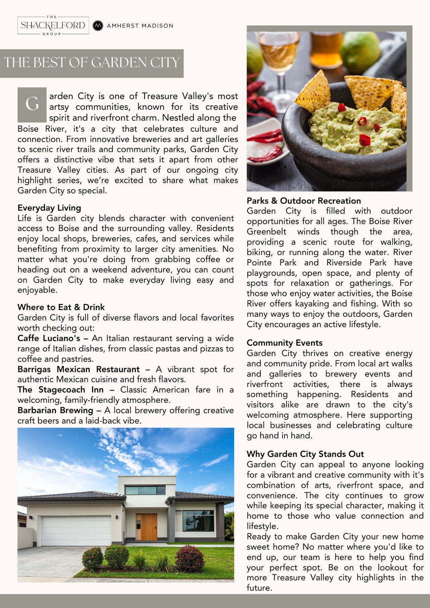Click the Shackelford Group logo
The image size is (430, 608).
[53, 26]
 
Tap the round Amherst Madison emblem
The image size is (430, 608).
[98, 26]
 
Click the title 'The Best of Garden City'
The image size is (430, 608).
[92, 63]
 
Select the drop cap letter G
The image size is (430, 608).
[32, 104]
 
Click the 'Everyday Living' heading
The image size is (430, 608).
[49, 208]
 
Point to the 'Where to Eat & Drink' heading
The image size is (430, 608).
[61, 307]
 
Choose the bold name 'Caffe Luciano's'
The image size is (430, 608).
[49, 338]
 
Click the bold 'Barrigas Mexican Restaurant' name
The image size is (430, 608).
[78, 369]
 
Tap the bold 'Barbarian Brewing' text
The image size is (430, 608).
[55, 410]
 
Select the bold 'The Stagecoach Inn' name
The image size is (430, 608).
[60, 390]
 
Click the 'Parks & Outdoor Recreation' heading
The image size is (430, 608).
[304, 201]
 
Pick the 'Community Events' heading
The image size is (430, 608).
[285, 343]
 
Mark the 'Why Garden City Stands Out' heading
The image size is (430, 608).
[305, 454]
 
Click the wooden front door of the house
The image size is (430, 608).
[146, 526]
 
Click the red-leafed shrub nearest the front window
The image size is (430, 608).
[189, 558]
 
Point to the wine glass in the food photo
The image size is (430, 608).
[278, 60]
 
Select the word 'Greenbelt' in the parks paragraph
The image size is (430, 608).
[266, 231]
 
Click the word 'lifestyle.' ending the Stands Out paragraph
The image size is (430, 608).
[262, 526]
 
